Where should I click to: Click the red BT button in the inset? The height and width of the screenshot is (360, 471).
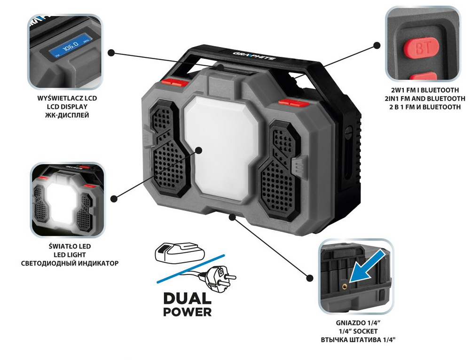pyautogui.click(x=421, y=47)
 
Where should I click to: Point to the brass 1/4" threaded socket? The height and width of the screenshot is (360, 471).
pyautogui.click(x=345, y=286)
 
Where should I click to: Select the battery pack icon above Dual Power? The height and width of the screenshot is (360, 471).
pyautogui.click(x=180, y=252)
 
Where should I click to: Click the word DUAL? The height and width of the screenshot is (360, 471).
pyautogui.click(x=188, y=298)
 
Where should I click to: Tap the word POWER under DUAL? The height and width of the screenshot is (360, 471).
pyautogui.click(x=188, y=312)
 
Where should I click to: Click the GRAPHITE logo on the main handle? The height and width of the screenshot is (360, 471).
pyautogui.click(x=254, y=56)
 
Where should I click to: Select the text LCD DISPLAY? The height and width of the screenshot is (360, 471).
pyautogui.click(x=67, y=107)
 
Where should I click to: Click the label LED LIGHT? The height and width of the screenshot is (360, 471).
pyautogui.click(x=70, y=255)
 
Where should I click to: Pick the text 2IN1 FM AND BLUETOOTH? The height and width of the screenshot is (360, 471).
pyautogui.click(x=425, y=99)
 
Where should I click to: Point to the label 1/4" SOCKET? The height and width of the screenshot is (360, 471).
pyautogui.click(x=358, y=331)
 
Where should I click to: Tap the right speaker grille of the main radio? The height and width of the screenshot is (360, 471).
pyautogui.click(x=280, y=171)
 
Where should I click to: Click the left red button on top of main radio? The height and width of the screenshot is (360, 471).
pyautogui.click(x=174, y=82)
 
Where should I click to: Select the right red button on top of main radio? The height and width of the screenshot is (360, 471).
pyautogui.click(x=294, y=103)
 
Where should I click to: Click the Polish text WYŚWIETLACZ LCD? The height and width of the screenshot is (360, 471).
pyautogui.click(x=67, y=98)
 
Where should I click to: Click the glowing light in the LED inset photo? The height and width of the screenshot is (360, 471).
pyautogui.click(x=61, y=202)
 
